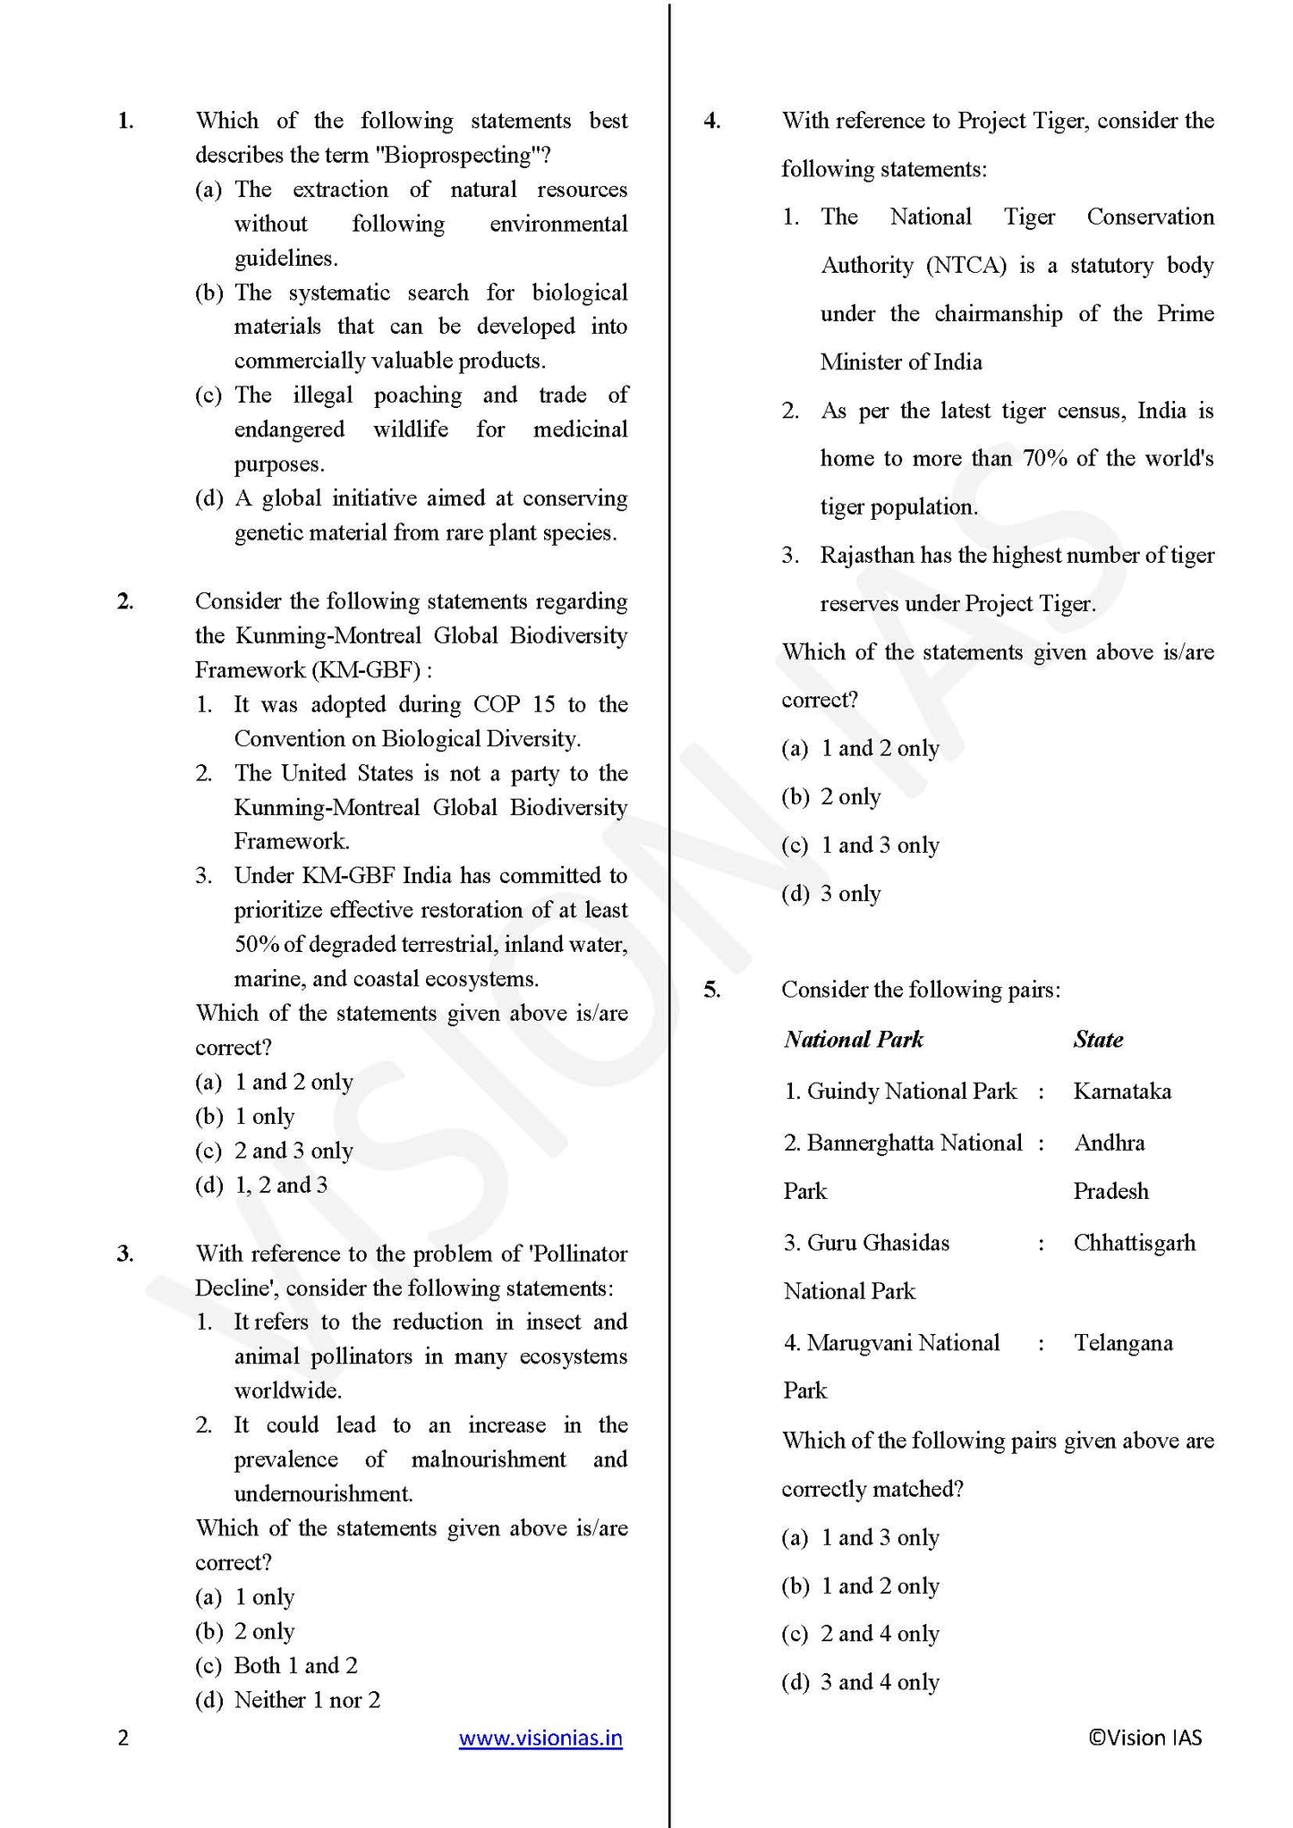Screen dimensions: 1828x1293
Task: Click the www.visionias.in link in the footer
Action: click(540, 1739)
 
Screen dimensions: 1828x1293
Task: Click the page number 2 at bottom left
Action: click(123, 1739)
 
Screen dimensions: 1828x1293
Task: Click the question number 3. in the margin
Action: click(125, 1254)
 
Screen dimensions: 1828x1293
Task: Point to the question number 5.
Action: click(711, 990)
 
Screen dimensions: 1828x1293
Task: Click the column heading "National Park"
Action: click(853, 1040)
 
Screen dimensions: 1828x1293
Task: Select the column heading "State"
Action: click(1098, 1040)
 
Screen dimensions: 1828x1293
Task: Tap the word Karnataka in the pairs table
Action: click(1122, 1092)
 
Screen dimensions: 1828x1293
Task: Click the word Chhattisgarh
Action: click(1134, 1243)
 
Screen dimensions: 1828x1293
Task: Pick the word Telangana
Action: click(1123, 1343)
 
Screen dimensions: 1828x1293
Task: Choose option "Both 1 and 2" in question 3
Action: click(295, 1666)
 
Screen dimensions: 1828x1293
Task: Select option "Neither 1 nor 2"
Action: click(307, 1700)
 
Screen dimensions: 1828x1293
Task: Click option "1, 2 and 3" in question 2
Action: click(281, 1186)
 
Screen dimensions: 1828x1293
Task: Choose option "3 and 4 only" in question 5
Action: click(880, 1682)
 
